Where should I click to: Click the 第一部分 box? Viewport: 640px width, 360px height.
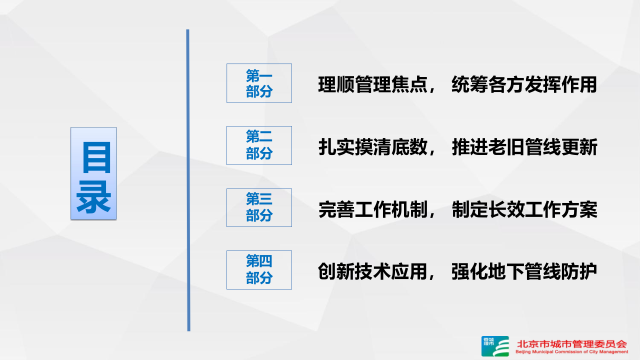(x=259, y=83)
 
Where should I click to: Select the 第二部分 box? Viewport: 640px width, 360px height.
(x=259, y=145)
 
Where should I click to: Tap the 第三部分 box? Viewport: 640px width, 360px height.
(x=259, y=207)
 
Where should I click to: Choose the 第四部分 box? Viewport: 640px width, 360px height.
(x=259, y=270)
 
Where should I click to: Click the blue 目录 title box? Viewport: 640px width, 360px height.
(x=93, y=173)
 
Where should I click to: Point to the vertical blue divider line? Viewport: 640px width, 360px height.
(x=188, y=180)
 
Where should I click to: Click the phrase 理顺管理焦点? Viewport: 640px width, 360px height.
(x=373, y=85)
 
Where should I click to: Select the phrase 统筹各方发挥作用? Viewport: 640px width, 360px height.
(x=524, y=85)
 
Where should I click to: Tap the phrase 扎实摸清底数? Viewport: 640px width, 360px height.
(x=373, y=147)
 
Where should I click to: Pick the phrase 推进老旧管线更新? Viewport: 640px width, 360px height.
(x=524, y=147)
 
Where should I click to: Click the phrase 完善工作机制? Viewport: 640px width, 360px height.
(x=373, y=210)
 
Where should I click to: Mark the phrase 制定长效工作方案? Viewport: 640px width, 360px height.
(x=524, y=210)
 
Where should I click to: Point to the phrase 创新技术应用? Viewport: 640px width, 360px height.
(x=373, y=271)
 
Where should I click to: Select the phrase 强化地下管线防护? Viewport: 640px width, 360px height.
(x=524, y=271)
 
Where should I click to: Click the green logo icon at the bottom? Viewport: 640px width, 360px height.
(x=495, y=346)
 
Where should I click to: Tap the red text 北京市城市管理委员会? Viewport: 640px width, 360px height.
(x=571, y=344)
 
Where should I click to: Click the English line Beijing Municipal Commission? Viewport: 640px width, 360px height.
(x=571, y=352)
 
